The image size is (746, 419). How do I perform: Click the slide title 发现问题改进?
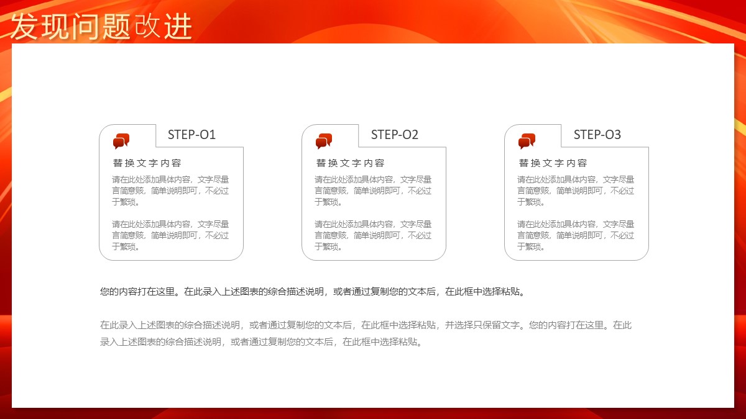coord(101,27)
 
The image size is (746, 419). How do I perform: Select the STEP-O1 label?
coord(191,135)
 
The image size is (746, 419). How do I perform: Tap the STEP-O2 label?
coord(394,135)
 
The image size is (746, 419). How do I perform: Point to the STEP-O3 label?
coord(597,135)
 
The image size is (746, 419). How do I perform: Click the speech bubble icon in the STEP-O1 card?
coord(121,141)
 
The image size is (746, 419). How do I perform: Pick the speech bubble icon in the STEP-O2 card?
coord(324,141)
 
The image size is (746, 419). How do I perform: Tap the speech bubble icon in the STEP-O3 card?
coord(527,141)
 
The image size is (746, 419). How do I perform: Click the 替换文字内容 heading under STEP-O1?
coord(147,163)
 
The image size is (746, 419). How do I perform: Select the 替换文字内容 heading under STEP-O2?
coord(350,163)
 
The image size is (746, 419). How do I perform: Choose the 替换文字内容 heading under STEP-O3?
coord(553,163)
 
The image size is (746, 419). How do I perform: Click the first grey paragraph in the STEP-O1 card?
coord(170,191)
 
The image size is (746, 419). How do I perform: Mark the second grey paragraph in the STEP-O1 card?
coord(170,235)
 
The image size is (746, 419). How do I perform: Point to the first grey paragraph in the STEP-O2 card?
coord(373,191)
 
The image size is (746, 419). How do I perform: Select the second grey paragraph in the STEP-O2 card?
coord(373,235)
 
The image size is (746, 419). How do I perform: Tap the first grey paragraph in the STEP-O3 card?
coord(576,191)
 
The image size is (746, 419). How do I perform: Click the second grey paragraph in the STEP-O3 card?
coord(576,235)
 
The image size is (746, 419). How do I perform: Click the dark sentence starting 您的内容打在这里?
coord(312,292)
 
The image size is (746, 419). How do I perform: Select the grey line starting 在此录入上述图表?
coord(366,325)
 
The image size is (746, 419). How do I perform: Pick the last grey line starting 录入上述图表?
coord(261,342)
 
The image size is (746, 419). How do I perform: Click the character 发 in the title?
coord(24,27)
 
